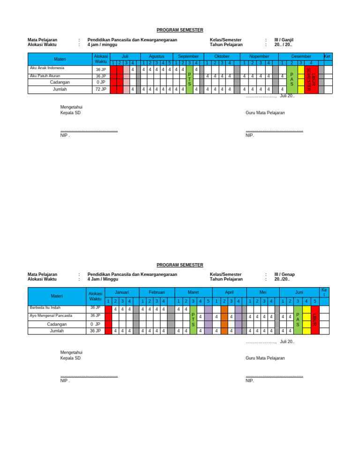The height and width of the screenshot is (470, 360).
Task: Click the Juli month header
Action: click(125, 56)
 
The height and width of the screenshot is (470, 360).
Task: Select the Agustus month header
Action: click(157, 56)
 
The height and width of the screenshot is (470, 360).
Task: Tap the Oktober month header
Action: click(222, 56)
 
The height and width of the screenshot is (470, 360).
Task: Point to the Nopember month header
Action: click(259, 56)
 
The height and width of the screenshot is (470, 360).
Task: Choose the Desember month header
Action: click(301, 56)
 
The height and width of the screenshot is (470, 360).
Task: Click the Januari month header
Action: click(122, 292)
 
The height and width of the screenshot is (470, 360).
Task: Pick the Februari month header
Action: click(157, 292)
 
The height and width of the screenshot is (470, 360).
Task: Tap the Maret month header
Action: click(193, 292)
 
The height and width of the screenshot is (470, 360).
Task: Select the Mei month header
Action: click(262, 292)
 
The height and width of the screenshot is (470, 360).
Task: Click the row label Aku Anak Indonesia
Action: click(47, 68)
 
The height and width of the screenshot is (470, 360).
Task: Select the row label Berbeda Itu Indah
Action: click(45, 308)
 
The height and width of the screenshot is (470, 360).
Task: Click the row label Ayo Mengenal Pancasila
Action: click(51, 316)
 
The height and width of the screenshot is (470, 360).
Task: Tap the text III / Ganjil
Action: click(284, 40)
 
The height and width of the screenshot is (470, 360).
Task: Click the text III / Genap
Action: click(285, 274)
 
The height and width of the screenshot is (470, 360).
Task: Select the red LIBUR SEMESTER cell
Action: click(311, 79)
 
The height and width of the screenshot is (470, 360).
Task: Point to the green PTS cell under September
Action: click(189, 79)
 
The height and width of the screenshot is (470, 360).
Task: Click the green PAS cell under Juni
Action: click(298, 319)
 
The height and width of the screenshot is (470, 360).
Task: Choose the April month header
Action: click(229, 292)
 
